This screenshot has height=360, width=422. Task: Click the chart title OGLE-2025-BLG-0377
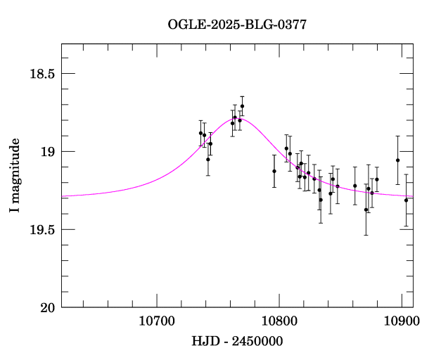237,25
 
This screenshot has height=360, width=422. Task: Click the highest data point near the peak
242,106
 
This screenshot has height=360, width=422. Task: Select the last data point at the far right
406,200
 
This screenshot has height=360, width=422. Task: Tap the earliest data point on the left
200,133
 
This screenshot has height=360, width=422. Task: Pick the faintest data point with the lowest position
366,210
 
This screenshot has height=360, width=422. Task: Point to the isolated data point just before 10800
274,171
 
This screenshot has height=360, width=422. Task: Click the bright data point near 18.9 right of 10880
398,160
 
